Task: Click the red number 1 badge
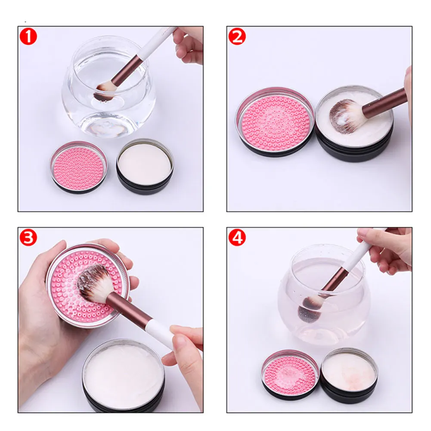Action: pyautogui.click(x=28, y=37)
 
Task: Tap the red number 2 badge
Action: pyautogui.click(x=237, y=37)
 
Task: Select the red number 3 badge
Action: pyautogui.click(x=28, y=238)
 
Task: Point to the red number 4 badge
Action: pyautogui.click(x=237, y=238)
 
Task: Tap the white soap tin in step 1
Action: pyautogui.click(x=145, y=166)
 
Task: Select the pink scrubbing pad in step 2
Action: pyautogui.click(x=275, y=122)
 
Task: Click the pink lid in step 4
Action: pyautogui.click(x=290, y=374)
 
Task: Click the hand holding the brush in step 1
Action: pyautogui.click(x=189, y=45)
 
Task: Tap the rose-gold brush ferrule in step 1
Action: pyautogui.click(x=127, y=69)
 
